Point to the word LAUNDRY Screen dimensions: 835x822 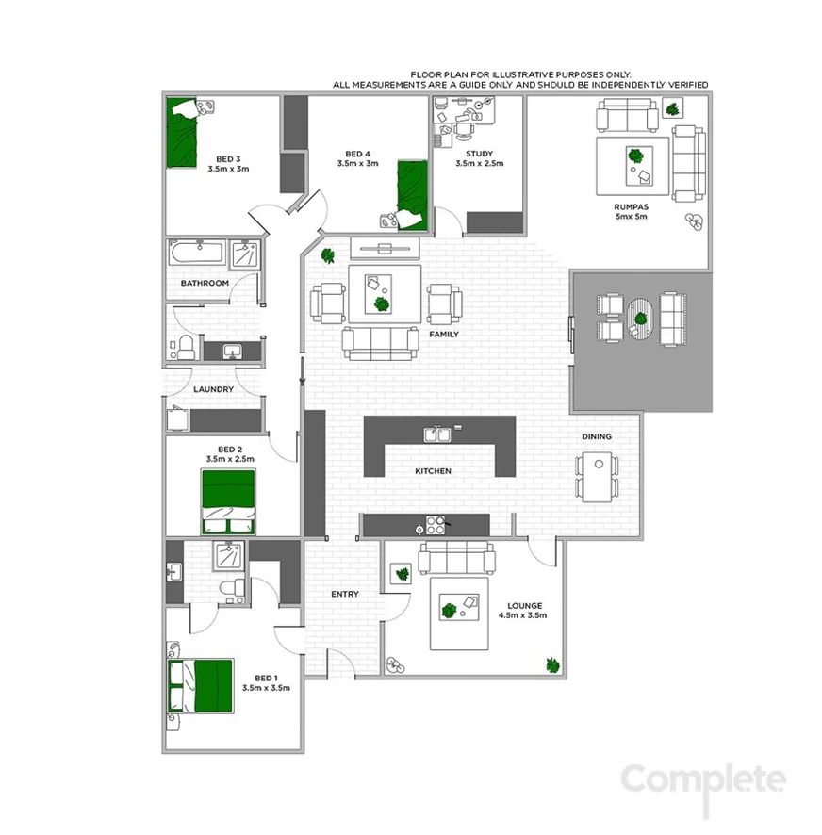(x=213, y=389)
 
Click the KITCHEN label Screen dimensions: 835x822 (x=434, y=470)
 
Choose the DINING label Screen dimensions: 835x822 (x=597, y=436)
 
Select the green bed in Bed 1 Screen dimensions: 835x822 (x=201, y=686)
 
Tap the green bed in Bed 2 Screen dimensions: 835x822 (x=228, y=500)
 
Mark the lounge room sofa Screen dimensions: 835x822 (x=457, y=558)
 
